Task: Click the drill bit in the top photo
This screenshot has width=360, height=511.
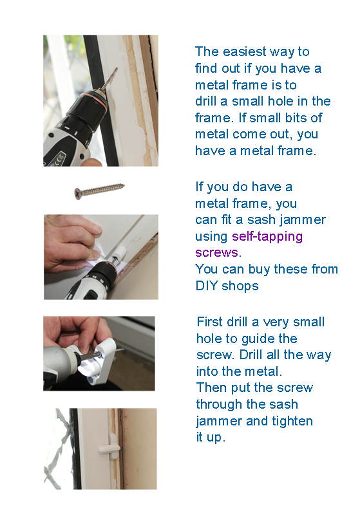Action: pos(109,79)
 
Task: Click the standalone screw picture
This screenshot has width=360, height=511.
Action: pos(99,191)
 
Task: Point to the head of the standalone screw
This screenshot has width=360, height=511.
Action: pos(78,194)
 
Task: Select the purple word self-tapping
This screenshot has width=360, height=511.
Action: pos(267,237)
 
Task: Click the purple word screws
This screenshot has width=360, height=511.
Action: pos(216,253)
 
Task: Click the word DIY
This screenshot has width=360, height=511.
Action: pos(207,286)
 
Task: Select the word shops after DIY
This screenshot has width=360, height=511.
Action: pos(240,286)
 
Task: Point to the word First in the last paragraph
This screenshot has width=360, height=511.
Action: pos(210,322)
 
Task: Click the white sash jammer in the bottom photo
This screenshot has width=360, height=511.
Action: pos(109,443)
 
